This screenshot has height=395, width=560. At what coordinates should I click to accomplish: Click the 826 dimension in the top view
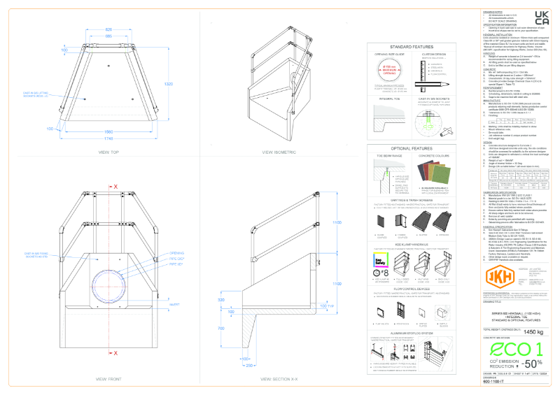tap(109, 30)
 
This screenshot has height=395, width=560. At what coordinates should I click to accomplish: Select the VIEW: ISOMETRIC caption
tap(276, 151)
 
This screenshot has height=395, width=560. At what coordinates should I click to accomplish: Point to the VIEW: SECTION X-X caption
tap(277, 378)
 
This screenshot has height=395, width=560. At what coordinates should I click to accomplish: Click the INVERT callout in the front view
tap(174, 303)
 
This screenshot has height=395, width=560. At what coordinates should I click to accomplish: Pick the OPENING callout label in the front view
tap(178, 271)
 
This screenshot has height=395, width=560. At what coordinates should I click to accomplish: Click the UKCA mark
tap(541, 18)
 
